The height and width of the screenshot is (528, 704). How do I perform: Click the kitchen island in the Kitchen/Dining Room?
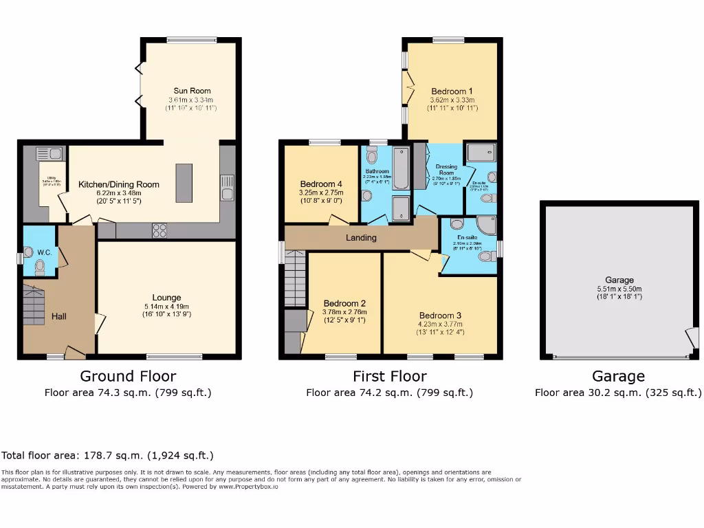point(184,183)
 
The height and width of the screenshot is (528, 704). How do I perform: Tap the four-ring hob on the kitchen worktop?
point(159,231)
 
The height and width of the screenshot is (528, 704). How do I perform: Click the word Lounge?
point(167,298)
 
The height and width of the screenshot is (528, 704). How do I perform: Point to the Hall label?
point(58,316)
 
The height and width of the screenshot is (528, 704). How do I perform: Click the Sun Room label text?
point(192,91)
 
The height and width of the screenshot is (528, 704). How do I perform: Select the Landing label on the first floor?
point(361,238)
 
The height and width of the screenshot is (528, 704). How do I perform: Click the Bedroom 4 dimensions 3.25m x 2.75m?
point(320,193)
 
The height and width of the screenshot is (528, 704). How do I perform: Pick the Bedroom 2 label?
point(344,303)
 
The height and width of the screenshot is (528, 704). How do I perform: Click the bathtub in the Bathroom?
point(400,169)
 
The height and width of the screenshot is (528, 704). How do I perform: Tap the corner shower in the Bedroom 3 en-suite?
point(485,226)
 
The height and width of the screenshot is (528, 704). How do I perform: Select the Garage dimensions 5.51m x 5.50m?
point(619,289)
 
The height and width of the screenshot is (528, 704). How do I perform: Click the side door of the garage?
point(691,338)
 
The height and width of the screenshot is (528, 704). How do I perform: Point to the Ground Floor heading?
point(128,376)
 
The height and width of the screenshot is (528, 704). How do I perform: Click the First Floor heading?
point(389,376)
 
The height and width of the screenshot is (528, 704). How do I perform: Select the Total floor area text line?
point(107,455)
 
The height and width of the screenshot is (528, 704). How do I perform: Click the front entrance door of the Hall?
point(75,353)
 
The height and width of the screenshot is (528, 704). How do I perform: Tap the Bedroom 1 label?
point(452,91)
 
